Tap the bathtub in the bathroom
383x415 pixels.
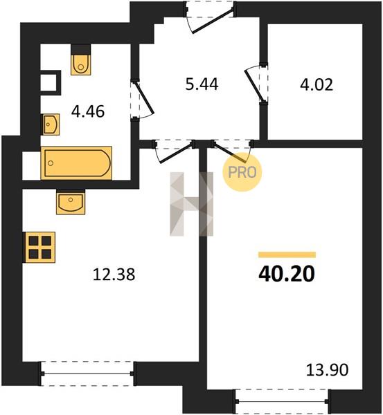pos(76,163)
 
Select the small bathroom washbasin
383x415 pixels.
pos(51,124)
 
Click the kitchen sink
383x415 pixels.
pos(71,202)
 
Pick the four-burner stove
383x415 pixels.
pos(39,248)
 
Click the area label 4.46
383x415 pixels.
pos(88,111)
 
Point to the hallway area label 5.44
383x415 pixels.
pos(202,84)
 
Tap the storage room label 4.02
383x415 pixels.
pos(317,85)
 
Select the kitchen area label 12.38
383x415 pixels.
pos(114,274)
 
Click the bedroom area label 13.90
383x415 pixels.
pos(328,370)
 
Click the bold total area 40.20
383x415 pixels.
pos(287,274)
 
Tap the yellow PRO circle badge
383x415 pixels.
pos(242,172)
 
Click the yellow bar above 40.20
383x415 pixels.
pos(287,255)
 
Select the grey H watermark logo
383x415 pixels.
pos(191,204)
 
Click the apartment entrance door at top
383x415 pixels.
pos(209,17)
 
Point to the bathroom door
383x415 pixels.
pos(142,99)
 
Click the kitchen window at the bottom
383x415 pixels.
pos(87,373)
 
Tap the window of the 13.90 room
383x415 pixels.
pos(283,401)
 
